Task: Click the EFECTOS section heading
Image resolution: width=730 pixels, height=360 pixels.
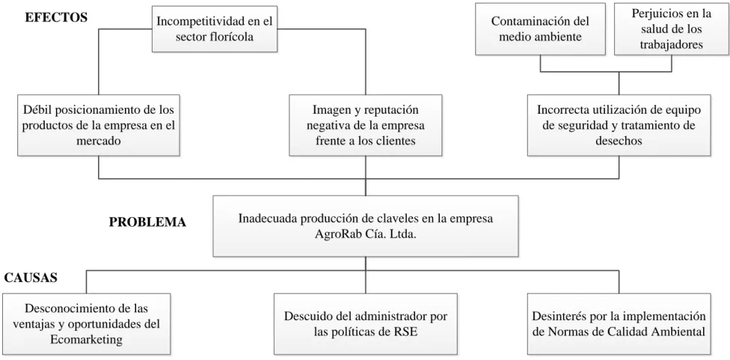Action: [56, 18]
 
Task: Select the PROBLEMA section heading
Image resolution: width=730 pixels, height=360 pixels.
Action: [147, 222]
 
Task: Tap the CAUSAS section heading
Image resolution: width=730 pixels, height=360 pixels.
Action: [31, 278]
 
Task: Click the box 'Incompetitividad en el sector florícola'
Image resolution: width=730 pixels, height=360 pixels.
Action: [215, 29]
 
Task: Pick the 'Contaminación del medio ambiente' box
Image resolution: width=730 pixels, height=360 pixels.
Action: [541, 29]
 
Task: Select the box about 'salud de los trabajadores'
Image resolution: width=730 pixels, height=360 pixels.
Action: [672, 29]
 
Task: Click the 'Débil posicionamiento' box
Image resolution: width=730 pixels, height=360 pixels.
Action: [98, 125]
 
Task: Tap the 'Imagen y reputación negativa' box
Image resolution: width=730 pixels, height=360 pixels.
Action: [366, 125]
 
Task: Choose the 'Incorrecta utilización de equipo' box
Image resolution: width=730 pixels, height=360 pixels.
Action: [619, 125]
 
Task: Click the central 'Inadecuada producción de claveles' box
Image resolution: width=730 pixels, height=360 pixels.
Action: [366, 226]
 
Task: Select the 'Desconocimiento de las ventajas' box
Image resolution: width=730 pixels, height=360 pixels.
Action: [86, 324]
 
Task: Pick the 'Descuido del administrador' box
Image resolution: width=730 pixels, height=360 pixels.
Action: [366, 324]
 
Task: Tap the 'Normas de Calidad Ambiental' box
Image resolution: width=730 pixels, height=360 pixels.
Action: [619, 324]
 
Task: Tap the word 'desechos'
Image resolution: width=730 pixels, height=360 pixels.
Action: [619, 141]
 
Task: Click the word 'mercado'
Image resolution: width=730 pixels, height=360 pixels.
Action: [98, 141]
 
